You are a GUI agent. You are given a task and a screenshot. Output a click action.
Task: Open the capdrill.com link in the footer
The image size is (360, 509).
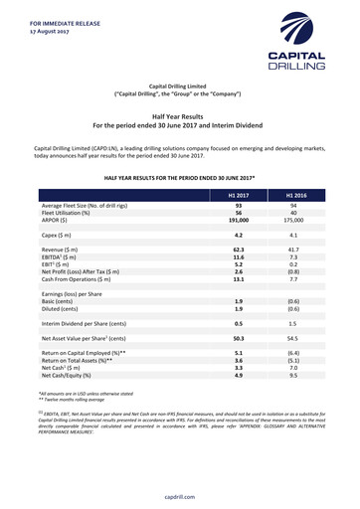click(180, 494)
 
